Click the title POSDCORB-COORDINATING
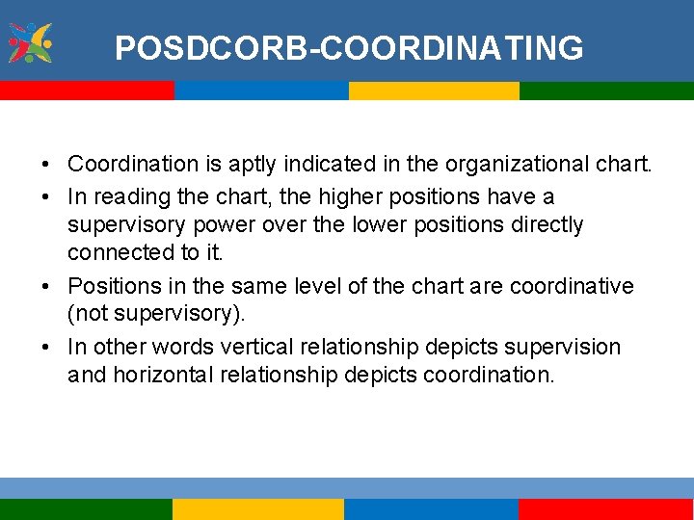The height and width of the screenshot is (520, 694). click(x=348, y=47)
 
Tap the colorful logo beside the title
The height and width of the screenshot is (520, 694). click(x=30, y=42)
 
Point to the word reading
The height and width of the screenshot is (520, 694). click(x=123, y=196)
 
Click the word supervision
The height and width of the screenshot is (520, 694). click(x=568, y=346)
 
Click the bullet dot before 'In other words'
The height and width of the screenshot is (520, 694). click(x=47, y=347)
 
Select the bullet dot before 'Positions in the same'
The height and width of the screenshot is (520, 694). click(x=47, y=287)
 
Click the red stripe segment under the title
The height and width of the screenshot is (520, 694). click(x=87, y=91)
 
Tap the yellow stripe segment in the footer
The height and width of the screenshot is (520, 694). click(x=257, y=508)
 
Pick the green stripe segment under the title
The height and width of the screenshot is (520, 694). click(x=606, y=91)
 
